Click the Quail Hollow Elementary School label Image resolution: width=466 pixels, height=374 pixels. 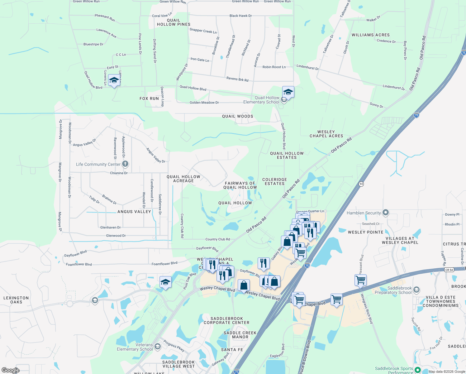click(x=261, y=100)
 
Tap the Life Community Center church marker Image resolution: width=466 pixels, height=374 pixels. click(x=125, y=164)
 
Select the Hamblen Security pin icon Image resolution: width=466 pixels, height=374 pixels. click(x=386, y=213)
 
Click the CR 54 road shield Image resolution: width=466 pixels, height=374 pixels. click(x=449, y=270)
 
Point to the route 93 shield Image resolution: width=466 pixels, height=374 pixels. click(x=361, y=184)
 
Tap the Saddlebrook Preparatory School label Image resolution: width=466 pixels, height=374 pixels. click(x=393, y=290)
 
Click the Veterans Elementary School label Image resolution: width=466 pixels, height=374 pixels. click(x=135, y=347)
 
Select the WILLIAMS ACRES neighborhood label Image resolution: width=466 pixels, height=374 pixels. click(x=371, y=35)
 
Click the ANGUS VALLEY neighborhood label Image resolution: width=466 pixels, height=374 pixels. click(x=134, y=212)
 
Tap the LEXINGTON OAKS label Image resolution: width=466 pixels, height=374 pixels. click(x=16, y=300)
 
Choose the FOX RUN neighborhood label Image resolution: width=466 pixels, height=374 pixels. click(x=149, y=98)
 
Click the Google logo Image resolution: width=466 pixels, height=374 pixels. click(x=11, y=370)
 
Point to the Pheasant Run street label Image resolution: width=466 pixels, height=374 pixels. click(x=105, y=18)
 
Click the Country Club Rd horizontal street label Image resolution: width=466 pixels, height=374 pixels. click(x=218, y=239)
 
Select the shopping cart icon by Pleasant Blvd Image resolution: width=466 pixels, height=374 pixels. click(x=360, y=280)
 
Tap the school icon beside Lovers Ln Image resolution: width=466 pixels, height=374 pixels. click(x=114, y=81)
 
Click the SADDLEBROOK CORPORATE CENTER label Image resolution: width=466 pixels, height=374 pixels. click(x=226, y=320)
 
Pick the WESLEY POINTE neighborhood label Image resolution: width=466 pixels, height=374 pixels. click(x=366, y=232)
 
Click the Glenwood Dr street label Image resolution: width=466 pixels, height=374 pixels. click(x=116, y=236)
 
